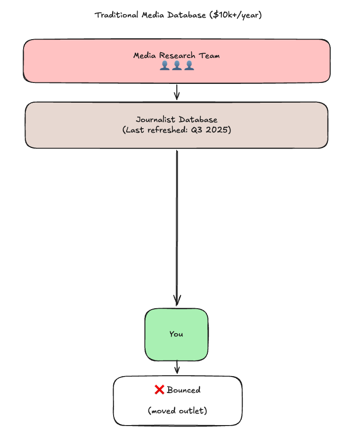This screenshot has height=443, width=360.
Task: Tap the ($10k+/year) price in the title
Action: click(x=237, y=15)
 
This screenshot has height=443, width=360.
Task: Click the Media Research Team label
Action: click(x=176, y=56)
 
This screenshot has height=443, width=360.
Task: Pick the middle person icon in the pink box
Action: click(x=177, y=66)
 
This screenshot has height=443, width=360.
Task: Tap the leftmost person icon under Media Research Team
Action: click(x=164, y=66)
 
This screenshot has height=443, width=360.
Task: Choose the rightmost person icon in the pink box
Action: click(x=189, y=66)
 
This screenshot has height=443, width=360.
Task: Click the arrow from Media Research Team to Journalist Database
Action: click(x=177, y=92)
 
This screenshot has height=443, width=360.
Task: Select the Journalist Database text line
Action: click(x=176, y=120)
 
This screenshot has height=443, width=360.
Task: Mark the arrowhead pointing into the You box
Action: click(x=177, y=300)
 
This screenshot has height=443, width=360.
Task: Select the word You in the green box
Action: click(x=176, y=334)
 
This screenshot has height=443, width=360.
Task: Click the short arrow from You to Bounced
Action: click(x=177, y=367)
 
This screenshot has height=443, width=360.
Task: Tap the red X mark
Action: click(x=159, y=390)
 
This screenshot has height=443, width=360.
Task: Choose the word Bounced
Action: click(x=183, y=390)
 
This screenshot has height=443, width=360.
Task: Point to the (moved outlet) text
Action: click(x=177, y=411)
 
